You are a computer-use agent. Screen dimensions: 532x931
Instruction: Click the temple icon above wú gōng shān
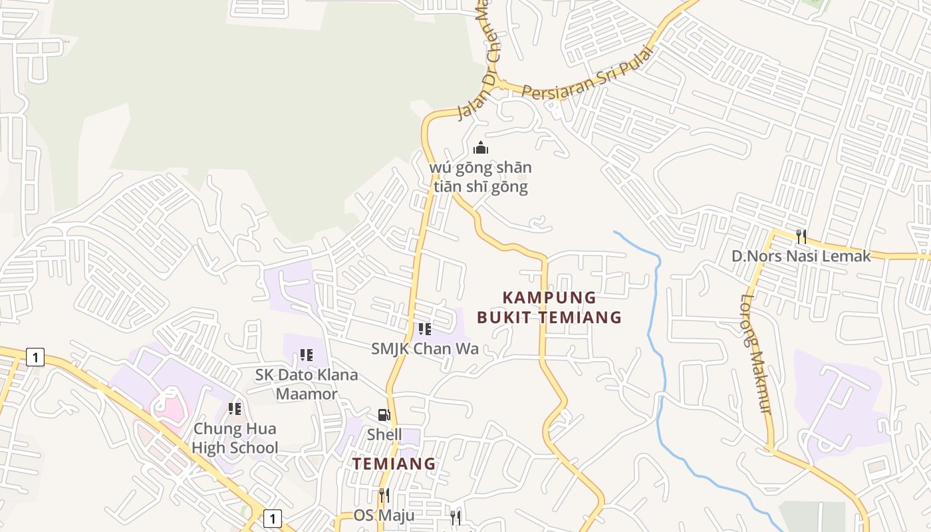[x=481, y=148]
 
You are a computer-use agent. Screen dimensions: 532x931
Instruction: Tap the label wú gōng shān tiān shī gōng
[x=481, y=177]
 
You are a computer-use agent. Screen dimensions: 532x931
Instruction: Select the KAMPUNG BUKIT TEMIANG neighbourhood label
[x=549, y=307]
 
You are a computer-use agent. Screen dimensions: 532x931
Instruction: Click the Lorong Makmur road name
[x=756, y=353]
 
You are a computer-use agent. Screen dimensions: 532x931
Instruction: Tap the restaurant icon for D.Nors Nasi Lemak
[x=801, y=236]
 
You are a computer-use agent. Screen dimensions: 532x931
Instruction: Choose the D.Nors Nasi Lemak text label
[x=801, y=256]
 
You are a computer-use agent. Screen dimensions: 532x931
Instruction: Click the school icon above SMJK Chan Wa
[x=425, y=329]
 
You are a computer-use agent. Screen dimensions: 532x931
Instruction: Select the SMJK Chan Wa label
[x=425, y=348]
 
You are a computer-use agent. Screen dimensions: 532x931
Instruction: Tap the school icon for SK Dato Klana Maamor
[x=307, y=355]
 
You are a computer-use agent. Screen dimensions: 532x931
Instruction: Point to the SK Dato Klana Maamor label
[x=307, y=384]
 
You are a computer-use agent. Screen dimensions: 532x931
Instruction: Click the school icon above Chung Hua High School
[x=235, y=409]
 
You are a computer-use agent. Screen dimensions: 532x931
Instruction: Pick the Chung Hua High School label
[x=235, y=438]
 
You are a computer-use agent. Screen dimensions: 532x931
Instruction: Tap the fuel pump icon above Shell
[x=384, y=415]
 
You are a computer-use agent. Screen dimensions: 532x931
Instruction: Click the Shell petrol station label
[x=384, y=435]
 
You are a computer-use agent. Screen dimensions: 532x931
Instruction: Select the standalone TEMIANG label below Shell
[x=394, y=464]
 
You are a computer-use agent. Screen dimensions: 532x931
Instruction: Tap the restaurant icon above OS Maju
[x=384, y=495]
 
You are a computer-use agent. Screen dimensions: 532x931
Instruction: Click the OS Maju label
[x=384, y=515]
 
